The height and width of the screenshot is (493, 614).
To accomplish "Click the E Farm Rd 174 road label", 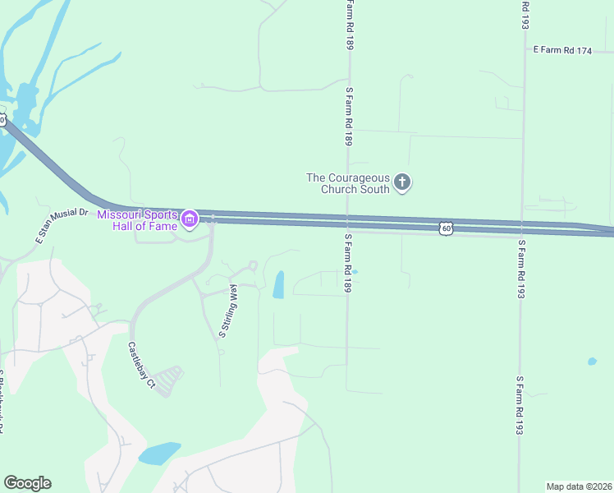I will (x=562, y=50).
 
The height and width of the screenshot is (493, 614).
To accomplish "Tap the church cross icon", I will (x=402, y=182).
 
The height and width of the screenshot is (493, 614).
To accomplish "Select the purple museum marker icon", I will (x=190, y=219).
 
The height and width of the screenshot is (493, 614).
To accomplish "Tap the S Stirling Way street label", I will (x=227, y=311).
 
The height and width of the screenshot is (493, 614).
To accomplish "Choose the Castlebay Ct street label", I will (x=140, y=364).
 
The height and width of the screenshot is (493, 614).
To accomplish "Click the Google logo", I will (x=27, y=483).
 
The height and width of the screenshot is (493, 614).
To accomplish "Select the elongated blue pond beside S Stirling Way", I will (x=278, y=284).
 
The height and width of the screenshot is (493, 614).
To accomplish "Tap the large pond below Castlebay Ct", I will (x=159, y=453).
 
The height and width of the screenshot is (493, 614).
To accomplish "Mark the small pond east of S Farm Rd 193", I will (x=592, y=361).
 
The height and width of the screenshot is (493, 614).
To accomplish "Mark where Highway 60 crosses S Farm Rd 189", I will (x=348, y=223).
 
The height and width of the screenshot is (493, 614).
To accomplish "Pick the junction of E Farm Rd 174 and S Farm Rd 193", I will (x=524, y=50).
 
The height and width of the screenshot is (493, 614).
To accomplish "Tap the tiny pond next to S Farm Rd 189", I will (x=355, y=271).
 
